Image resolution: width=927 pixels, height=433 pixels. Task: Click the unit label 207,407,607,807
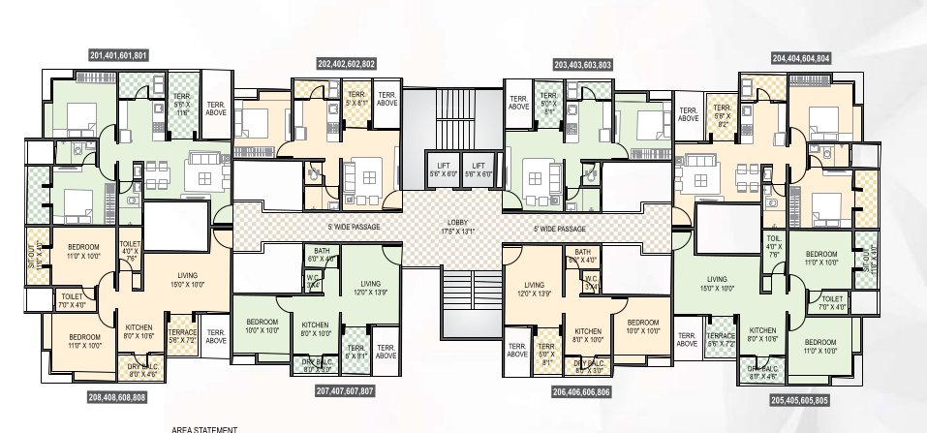[x=346, y=391]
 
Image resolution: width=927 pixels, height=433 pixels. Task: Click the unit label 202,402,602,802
[x=346, y=64]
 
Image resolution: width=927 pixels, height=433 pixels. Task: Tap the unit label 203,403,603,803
[x=582, y=64]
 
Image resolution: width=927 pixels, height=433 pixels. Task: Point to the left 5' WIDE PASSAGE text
[x=354, y=228]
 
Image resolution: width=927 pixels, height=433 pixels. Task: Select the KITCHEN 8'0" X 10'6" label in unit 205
[x=762, y=335]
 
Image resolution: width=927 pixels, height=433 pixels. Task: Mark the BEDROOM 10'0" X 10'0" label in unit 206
[x=642, y=326]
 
